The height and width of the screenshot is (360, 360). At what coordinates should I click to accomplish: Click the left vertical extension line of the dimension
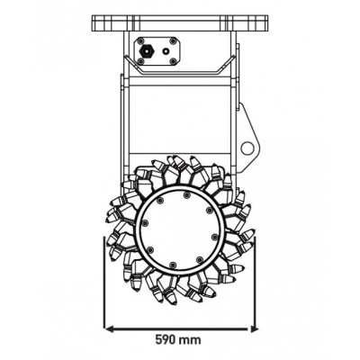106,297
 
